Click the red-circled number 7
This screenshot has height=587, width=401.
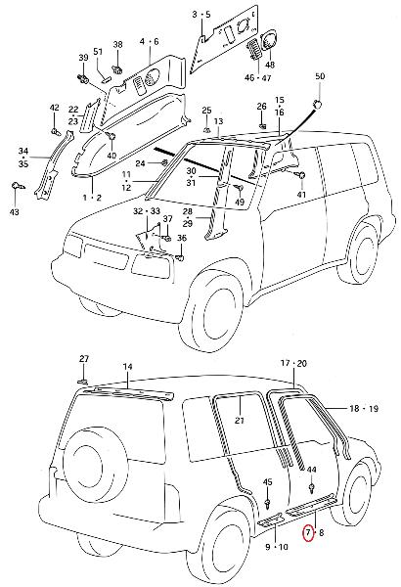click(x=308, y=532)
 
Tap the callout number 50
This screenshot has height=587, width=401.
click(x=320, y=76)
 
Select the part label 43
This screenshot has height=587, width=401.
click(x=15, y=212)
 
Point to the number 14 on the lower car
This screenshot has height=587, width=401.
click(x=128, y=367)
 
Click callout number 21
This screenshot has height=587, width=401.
click(x=240, y=420)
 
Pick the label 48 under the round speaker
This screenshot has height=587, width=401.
click(x=270, y=65)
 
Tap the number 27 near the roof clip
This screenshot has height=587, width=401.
click(x=84, y=359)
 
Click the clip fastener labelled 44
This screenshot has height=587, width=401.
click(x=312, y=488)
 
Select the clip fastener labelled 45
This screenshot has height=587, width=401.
click(x=267, y=504)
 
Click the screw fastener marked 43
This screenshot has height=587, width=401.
click(x=18, y=186)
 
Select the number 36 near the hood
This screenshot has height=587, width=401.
click(x=182, y=238)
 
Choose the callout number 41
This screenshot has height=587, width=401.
click(x=301, y=195)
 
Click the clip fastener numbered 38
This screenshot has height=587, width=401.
click(x=118, y=69)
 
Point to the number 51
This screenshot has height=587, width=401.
click(x=98, y=51)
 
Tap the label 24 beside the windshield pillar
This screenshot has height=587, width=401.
click(x=140, y=163)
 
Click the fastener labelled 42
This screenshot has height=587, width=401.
click(x=56, y=131)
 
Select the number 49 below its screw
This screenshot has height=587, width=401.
click(x=240, y=202)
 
